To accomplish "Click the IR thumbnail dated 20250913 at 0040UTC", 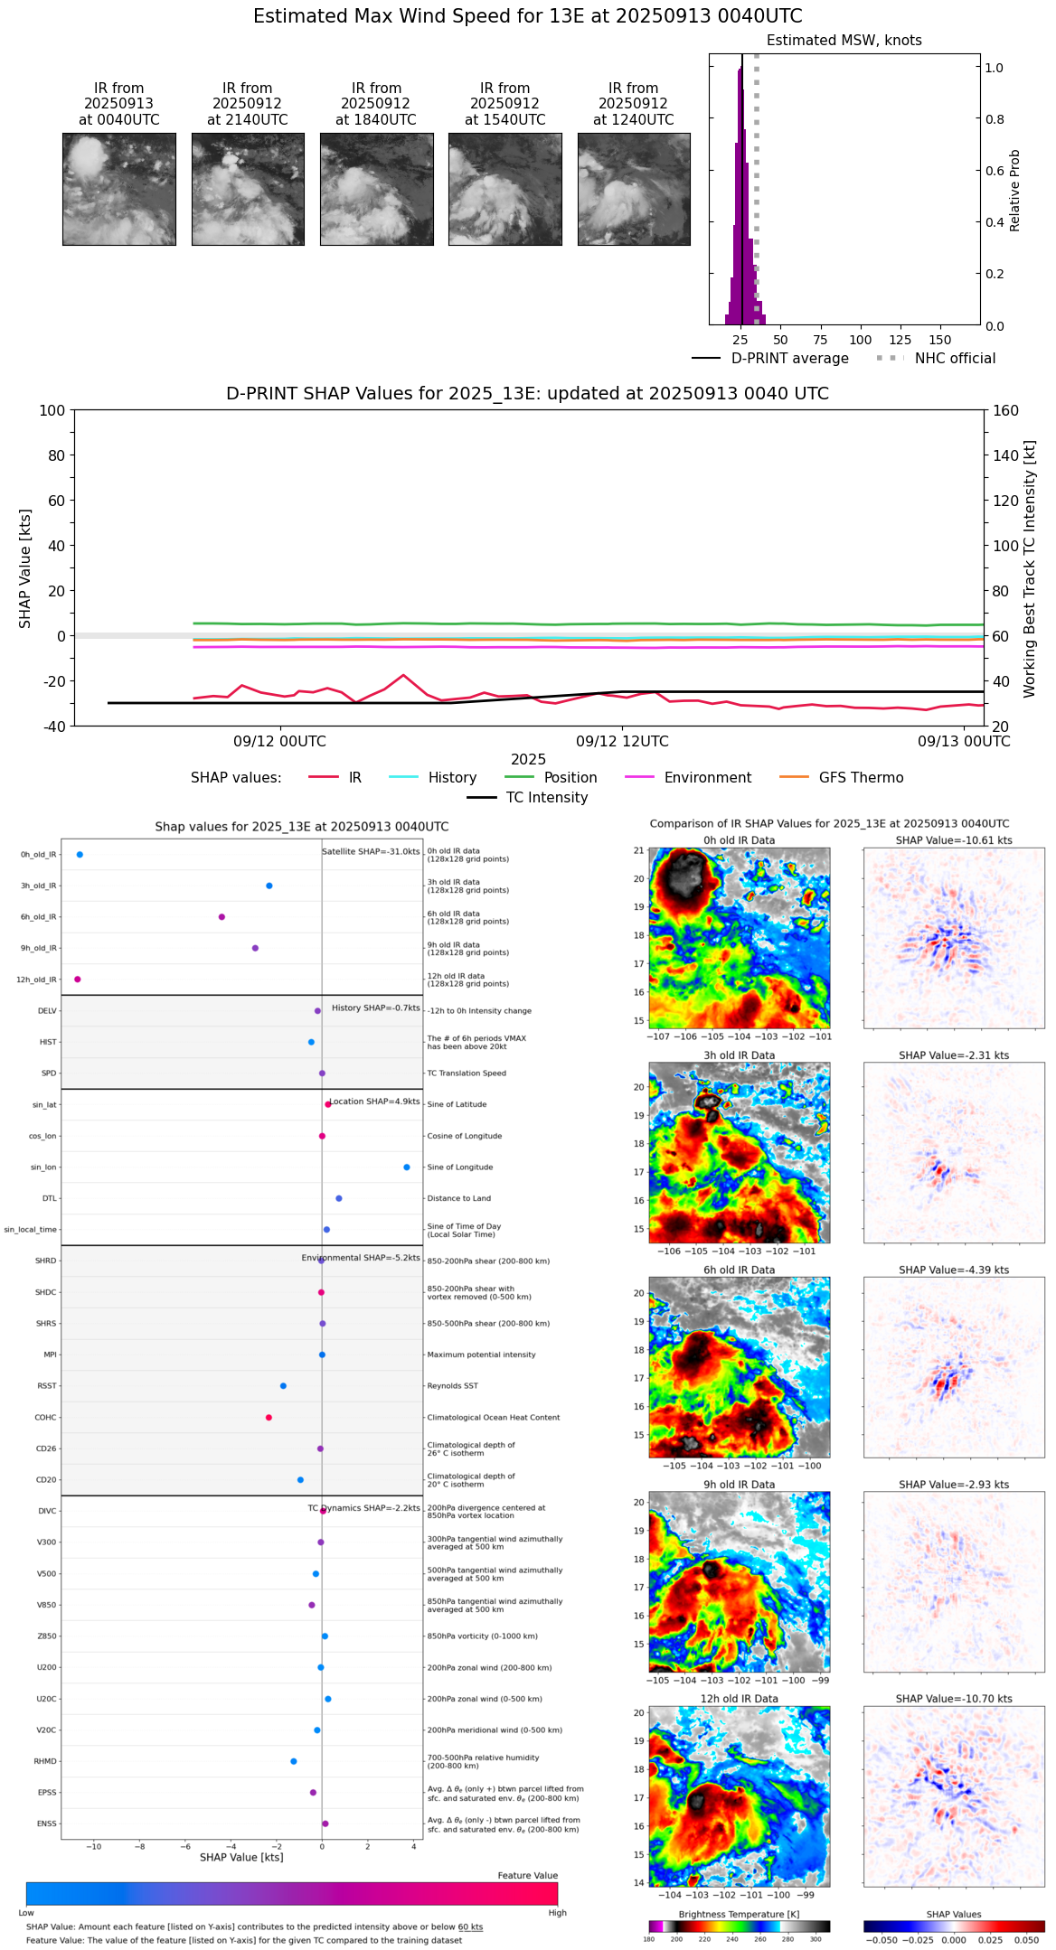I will (x=119, y=189).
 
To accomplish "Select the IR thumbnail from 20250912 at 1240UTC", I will (x=634, y=189).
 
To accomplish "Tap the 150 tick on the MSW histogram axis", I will (x=940, y=340).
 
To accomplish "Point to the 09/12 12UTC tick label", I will (x=622, y=742).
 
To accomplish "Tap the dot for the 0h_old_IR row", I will (x=80, y=855).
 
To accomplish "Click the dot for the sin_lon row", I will (x=407, y=1167).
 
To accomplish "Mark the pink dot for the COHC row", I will (x=269, y=1418).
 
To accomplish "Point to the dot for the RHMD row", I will (x=294, y=1761).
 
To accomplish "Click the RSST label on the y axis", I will (x=46, y=1386).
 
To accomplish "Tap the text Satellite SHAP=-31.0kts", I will (x=371, y=852).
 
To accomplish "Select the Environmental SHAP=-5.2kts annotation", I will (x=361, y=1258).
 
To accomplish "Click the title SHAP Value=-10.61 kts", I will (x=954, y=840).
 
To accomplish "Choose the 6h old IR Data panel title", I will (x=739, y=1270).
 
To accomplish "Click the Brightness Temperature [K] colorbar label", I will (x=739, y=1914).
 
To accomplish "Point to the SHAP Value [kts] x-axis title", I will (x=241, y=1857).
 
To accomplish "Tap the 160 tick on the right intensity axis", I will (x=1006, y=411).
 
